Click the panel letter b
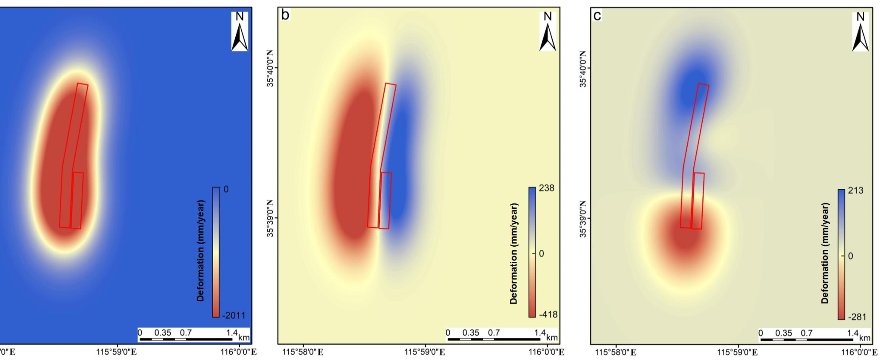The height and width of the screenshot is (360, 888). click(285, 15)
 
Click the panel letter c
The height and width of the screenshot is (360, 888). click(597, 16)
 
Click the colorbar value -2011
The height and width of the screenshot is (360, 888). click(234, 315)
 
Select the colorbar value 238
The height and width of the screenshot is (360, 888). click(547, 188)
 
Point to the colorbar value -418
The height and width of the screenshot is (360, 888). click(548, 314)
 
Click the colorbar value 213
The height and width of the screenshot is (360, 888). click(856, 191)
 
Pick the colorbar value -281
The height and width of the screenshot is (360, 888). click(857, 317)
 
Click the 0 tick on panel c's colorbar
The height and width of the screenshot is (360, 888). click(850, 256)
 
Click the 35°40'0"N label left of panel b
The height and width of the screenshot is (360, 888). click(271, 68)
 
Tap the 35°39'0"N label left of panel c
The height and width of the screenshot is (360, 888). click(583, 218)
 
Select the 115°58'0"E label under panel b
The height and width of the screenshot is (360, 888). click(303, 352)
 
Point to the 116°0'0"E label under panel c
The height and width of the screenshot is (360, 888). click(859, 352)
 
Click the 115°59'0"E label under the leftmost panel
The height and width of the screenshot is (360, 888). click(116, 352)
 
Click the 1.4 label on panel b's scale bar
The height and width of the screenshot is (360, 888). click(540, 333)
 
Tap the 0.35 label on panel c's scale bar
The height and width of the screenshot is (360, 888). click(784, 333)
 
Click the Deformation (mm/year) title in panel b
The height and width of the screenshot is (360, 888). click(513, 253)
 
